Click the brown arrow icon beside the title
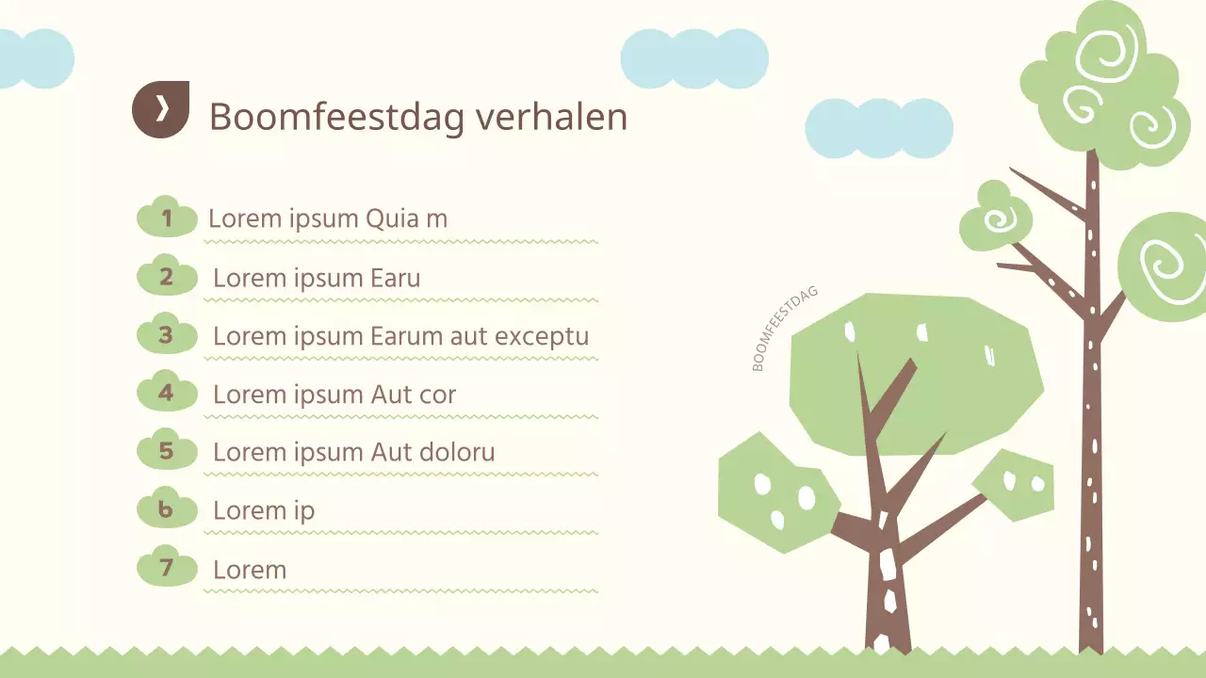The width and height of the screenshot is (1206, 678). [x=161, y=109]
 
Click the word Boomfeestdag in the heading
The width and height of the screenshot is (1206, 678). [x=336, y=117]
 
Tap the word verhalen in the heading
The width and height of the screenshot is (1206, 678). [x=551, y=117]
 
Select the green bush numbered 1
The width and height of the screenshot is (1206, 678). [x=167, y=218]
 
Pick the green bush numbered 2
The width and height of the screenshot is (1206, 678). [x=167, y=277]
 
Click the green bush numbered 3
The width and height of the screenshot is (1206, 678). [x=167, y=335]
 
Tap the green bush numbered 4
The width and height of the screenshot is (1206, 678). [x=167, y=394]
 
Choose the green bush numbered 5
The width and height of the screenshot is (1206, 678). [x=167, y=452]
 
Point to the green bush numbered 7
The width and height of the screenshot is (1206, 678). [x=167, y=569]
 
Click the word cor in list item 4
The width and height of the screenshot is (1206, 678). [x=437, y=395]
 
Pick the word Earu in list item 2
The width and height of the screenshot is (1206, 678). [x=396, y=278]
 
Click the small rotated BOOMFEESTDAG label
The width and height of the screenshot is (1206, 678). [x=785, y=329]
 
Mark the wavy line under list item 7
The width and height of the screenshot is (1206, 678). [x=400, y=591]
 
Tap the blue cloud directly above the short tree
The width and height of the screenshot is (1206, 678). [x=878, y=128]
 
